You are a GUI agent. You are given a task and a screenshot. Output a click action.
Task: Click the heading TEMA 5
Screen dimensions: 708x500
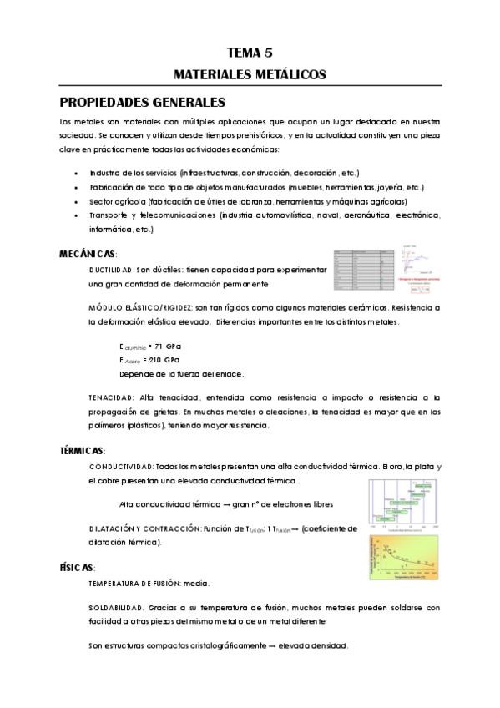point(250,52)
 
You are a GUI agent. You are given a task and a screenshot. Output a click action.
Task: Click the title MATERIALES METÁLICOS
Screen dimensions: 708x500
point(250,74)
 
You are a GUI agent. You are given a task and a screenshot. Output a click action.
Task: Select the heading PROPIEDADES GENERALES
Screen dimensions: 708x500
point(143,103)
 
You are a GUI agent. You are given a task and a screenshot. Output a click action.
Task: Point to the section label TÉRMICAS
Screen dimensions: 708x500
point(83,449)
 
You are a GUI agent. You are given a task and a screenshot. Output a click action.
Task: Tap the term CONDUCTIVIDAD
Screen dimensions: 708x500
point(120,466)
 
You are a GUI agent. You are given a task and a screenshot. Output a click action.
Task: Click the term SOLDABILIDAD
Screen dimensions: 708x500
point(117,607)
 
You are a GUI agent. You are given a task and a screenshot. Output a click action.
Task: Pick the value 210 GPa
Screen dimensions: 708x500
point(164,359)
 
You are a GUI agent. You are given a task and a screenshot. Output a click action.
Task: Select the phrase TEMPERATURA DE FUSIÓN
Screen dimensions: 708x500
point(138,583)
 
